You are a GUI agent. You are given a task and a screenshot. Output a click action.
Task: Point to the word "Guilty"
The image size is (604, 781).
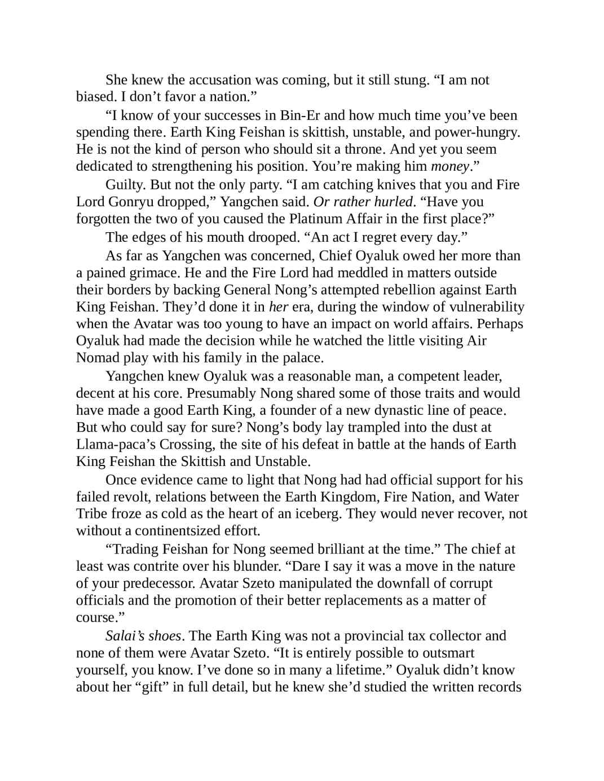(x=122, y=185)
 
